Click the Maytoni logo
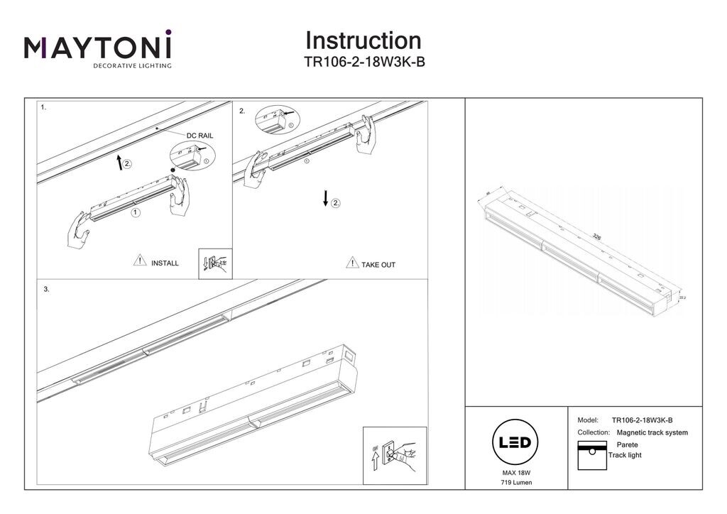click(x=98, y=48)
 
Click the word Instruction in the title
click(x=363, y=40)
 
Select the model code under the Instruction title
click(x=364, y=62)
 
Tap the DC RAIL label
click(x=199, y=135)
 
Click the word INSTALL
click(x=165, y=263)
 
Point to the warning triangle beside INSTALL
click(x=140, y=261)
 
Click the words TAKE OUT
click(x=378, y=265)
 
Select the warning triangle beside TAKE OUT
click(x=352, y=263)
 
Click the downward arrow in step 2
click(x=325, y=199)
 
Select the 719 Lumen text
click(x=515, y=483)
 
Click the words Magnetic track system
click(x=652, y=432)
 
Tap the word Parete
click(x=628, y=444)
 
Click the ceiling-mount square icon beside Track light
click(x=591, y=454)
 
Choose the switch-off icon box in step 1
click(x=216, y=264)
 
